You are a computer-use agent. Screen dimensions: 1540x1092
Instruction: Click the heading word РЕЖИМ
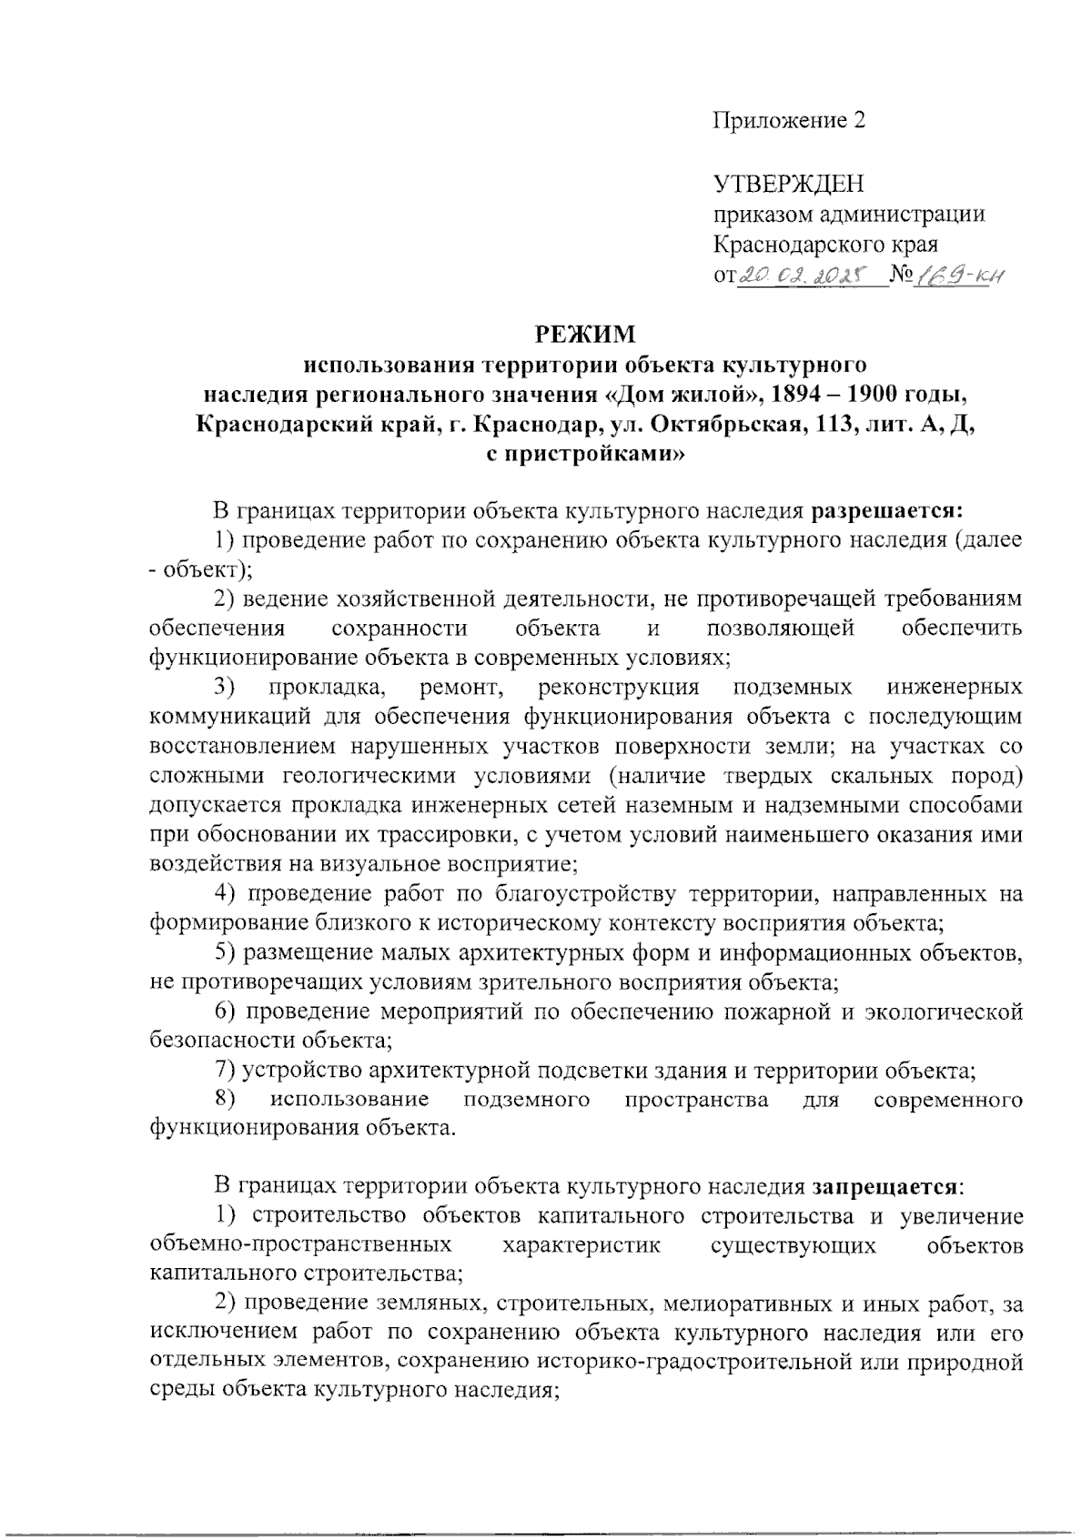(585, 335)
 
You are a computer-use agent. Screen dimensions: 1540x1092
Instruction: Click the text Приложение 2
(788, 123)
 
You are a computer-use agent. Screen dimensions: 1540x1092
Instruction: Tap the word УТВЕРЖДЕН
(787, 185)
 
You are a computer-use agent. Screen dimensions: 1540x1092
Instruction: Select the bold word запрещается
(884, 1186)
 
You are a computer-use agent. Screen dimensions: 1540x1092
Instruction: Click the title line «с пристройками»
(584, 452)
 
